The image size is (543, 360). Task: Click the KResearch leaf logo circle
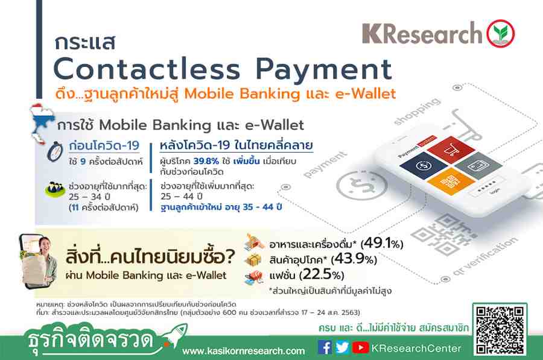(501, 34)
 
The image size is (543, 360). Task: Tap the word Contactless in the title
(147, 69)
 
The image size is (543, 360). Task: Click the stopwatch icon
(55, 151)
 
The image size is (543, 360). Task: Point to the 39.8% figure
(206, 161)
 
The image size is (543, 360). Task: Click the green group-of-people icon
(55, 189)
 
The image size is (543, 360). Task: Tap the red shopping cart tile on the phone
(451, 150)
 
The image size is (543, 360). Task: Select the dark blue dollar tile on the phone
(423, 165)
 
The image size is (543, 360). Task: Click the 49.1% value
(382, 244)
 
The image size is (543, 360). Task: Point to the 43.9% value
(354, 259)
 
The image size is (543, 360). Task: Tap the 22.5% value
(322, 275)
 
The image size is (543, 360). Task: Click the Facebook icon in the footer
(325, 347)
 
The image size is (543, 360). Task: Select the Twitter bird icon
(342, 347)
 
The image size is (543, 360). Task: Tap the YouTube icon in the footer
(360, 347)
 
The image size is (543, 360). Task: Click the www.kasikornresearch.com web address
(244, 351)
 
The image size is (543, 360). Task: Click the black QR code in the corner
(500, 330)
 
